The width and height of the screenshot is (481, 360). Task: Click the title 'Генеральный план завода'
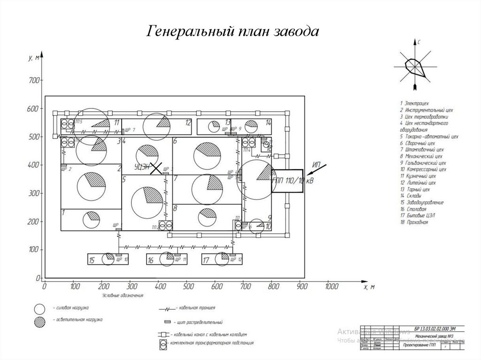point(233,31)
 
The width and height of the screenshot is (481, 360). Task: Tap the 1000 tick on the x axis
point(331,286)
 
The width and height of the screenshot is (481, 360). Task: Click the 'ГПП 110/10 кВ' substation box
point(287,181)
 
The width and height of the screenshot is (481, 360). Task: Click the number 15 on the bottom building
point(93,260)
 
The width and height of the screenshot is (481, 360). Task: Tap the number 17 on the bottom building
point(206,260)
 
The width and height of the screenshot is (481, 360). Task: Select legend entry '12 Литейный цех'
point(418,183)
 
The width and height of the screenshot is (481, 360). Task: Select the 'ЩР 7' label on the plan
point(130,130)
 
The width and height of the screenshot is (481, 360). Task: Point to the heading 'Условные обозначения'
point(123,296)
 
